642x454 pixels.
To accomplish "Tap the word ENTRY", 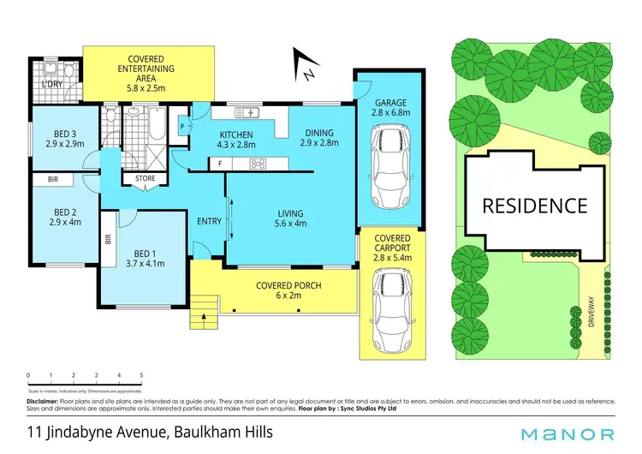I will [x=208, y=221].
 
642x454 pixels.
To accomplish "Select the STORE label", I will [x=145, y=178].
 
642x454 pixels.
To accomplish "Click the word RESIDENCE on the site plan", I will [x=534, y=206].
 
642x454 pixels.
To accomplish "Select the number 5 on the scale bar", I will [x=141, y=375].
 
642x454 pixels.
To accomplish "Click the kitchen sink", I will [x=249, y=112].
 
